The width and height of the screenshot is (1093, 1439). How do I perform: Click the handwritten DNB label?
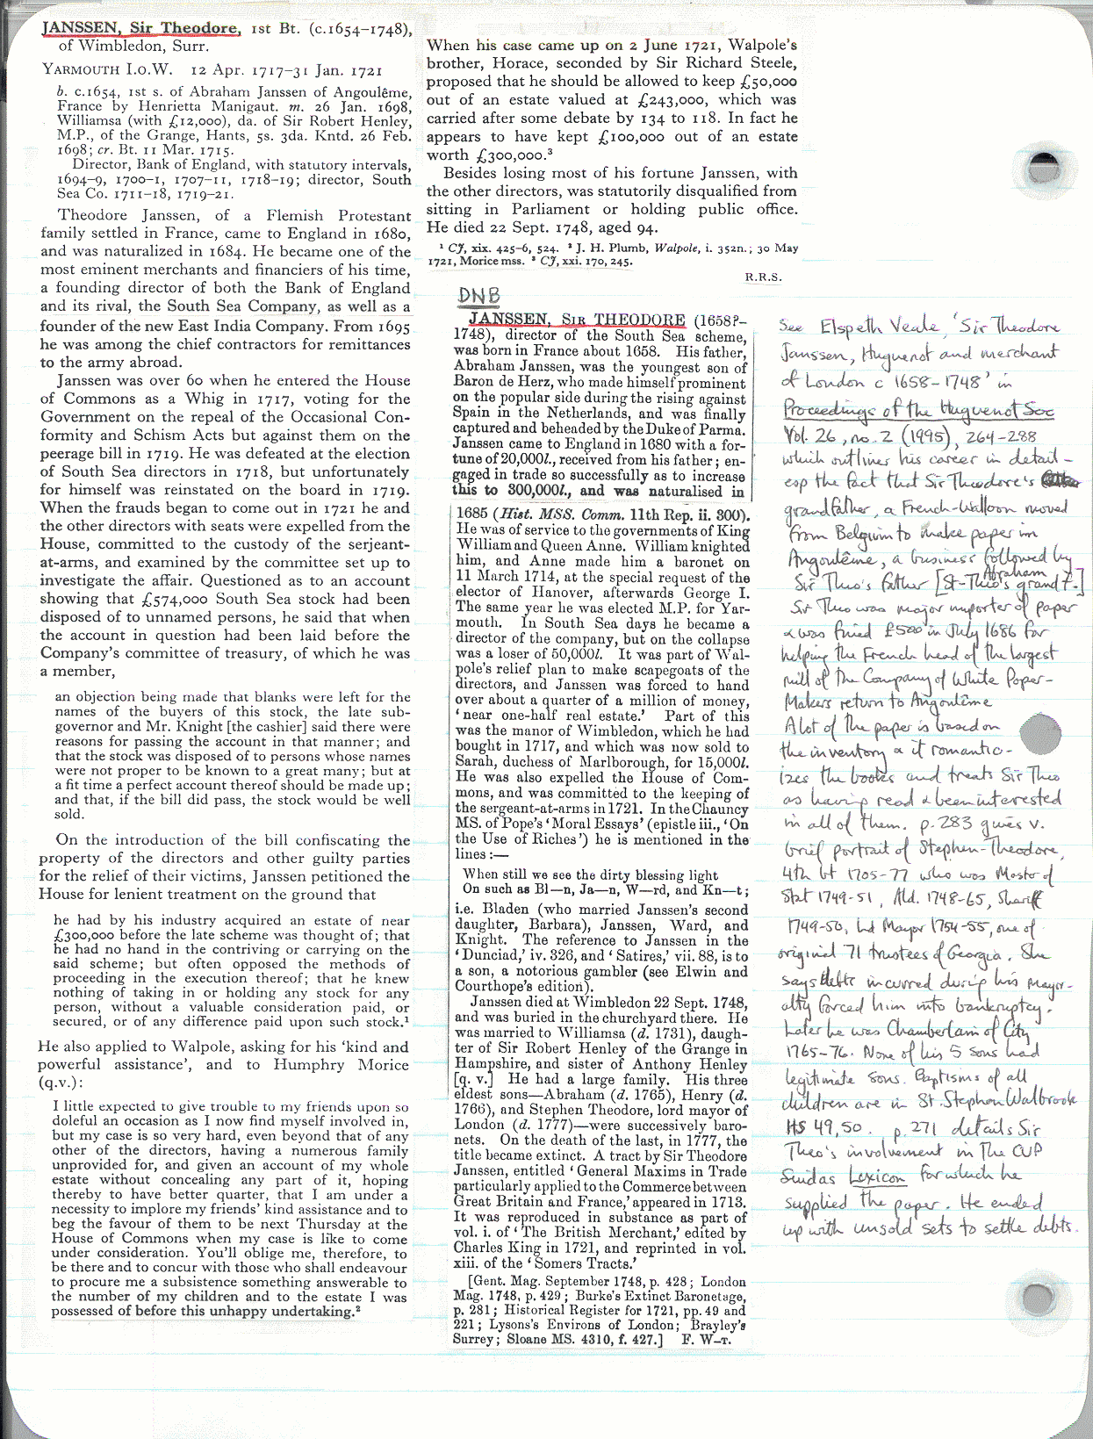coord(478,297)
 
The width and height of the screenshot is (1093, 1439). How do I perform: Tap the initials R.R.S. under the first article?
coord(763,277)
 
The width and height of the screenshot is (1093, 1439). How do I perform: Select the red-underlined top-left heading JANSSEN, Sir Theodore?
coord(140,28)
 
